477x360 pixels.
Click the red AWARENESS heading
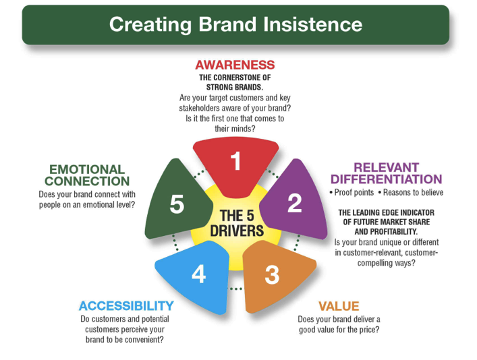click(235, 65)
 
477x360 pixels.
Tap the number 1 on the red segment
click(235, 160)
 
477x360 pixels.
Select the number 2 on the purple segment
click(294, 203)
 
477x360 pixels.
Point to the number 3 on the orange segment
click(272, 275)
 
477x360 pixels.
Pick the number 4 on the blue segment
click(198, 274)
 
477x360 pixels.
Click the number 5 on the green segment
click(177, 204)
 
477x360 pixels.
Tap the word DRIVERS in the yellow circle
click(237, 231)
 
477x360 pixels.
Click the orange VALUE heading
click(339, 306)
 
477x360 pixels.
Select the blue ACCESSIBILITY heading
click(126, 306)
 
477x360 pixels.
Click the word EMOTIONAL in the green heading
click(87, 169)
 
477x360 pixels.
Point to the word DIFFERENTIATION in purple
click(386, 179)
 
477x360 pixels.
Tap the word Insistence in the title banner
click(313, 24)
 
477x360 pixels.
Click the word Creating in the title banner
click(150, 25)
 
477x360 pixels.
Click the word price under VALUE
click(368, 330)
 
